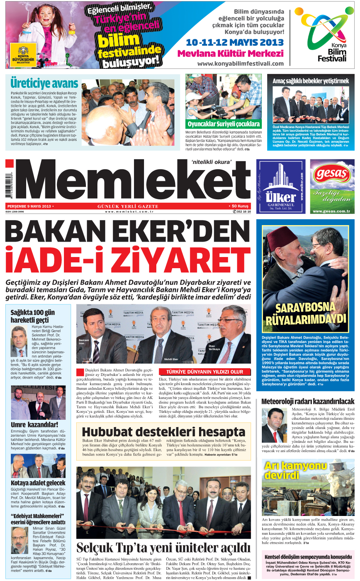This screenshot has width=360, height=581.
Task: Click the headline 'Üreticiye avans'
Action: point(44,83)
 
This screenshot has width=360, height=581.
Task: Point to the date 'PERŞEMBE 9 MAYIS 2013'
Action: point(29,206)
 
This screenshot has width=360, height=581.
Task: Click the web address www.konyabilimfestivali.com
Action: point(240,63)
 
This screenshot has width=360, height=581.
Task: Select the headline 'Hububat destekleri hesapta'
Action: point(164,431)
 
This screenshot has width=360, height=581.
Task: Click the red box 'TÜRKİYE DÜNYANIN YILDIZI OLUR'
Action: point(204,372)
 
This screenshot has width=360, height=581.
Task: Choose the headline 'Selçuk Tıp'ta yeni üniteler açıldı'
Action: point(164,547)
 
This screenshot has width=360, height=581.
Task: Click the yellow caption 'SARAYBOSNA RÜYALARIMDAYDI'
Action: point(306,313)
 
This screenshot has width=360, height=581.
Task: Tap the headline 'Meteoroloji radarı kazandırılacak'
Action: point(308,401)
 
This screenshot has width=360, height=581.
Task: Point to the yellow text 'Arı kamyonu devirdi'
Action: point(295,470)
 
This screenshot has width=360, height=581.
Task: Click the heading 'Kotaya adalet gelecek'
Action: point(38,482)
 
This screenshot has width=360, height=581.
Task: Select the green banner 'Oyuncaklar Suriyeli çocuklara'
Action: point(223,124)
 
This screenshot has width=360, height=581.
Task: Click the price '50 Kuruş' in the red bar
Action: point(239,206)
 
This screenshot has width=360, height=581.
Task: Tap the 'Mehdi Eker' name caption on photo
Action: point(171,359)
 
